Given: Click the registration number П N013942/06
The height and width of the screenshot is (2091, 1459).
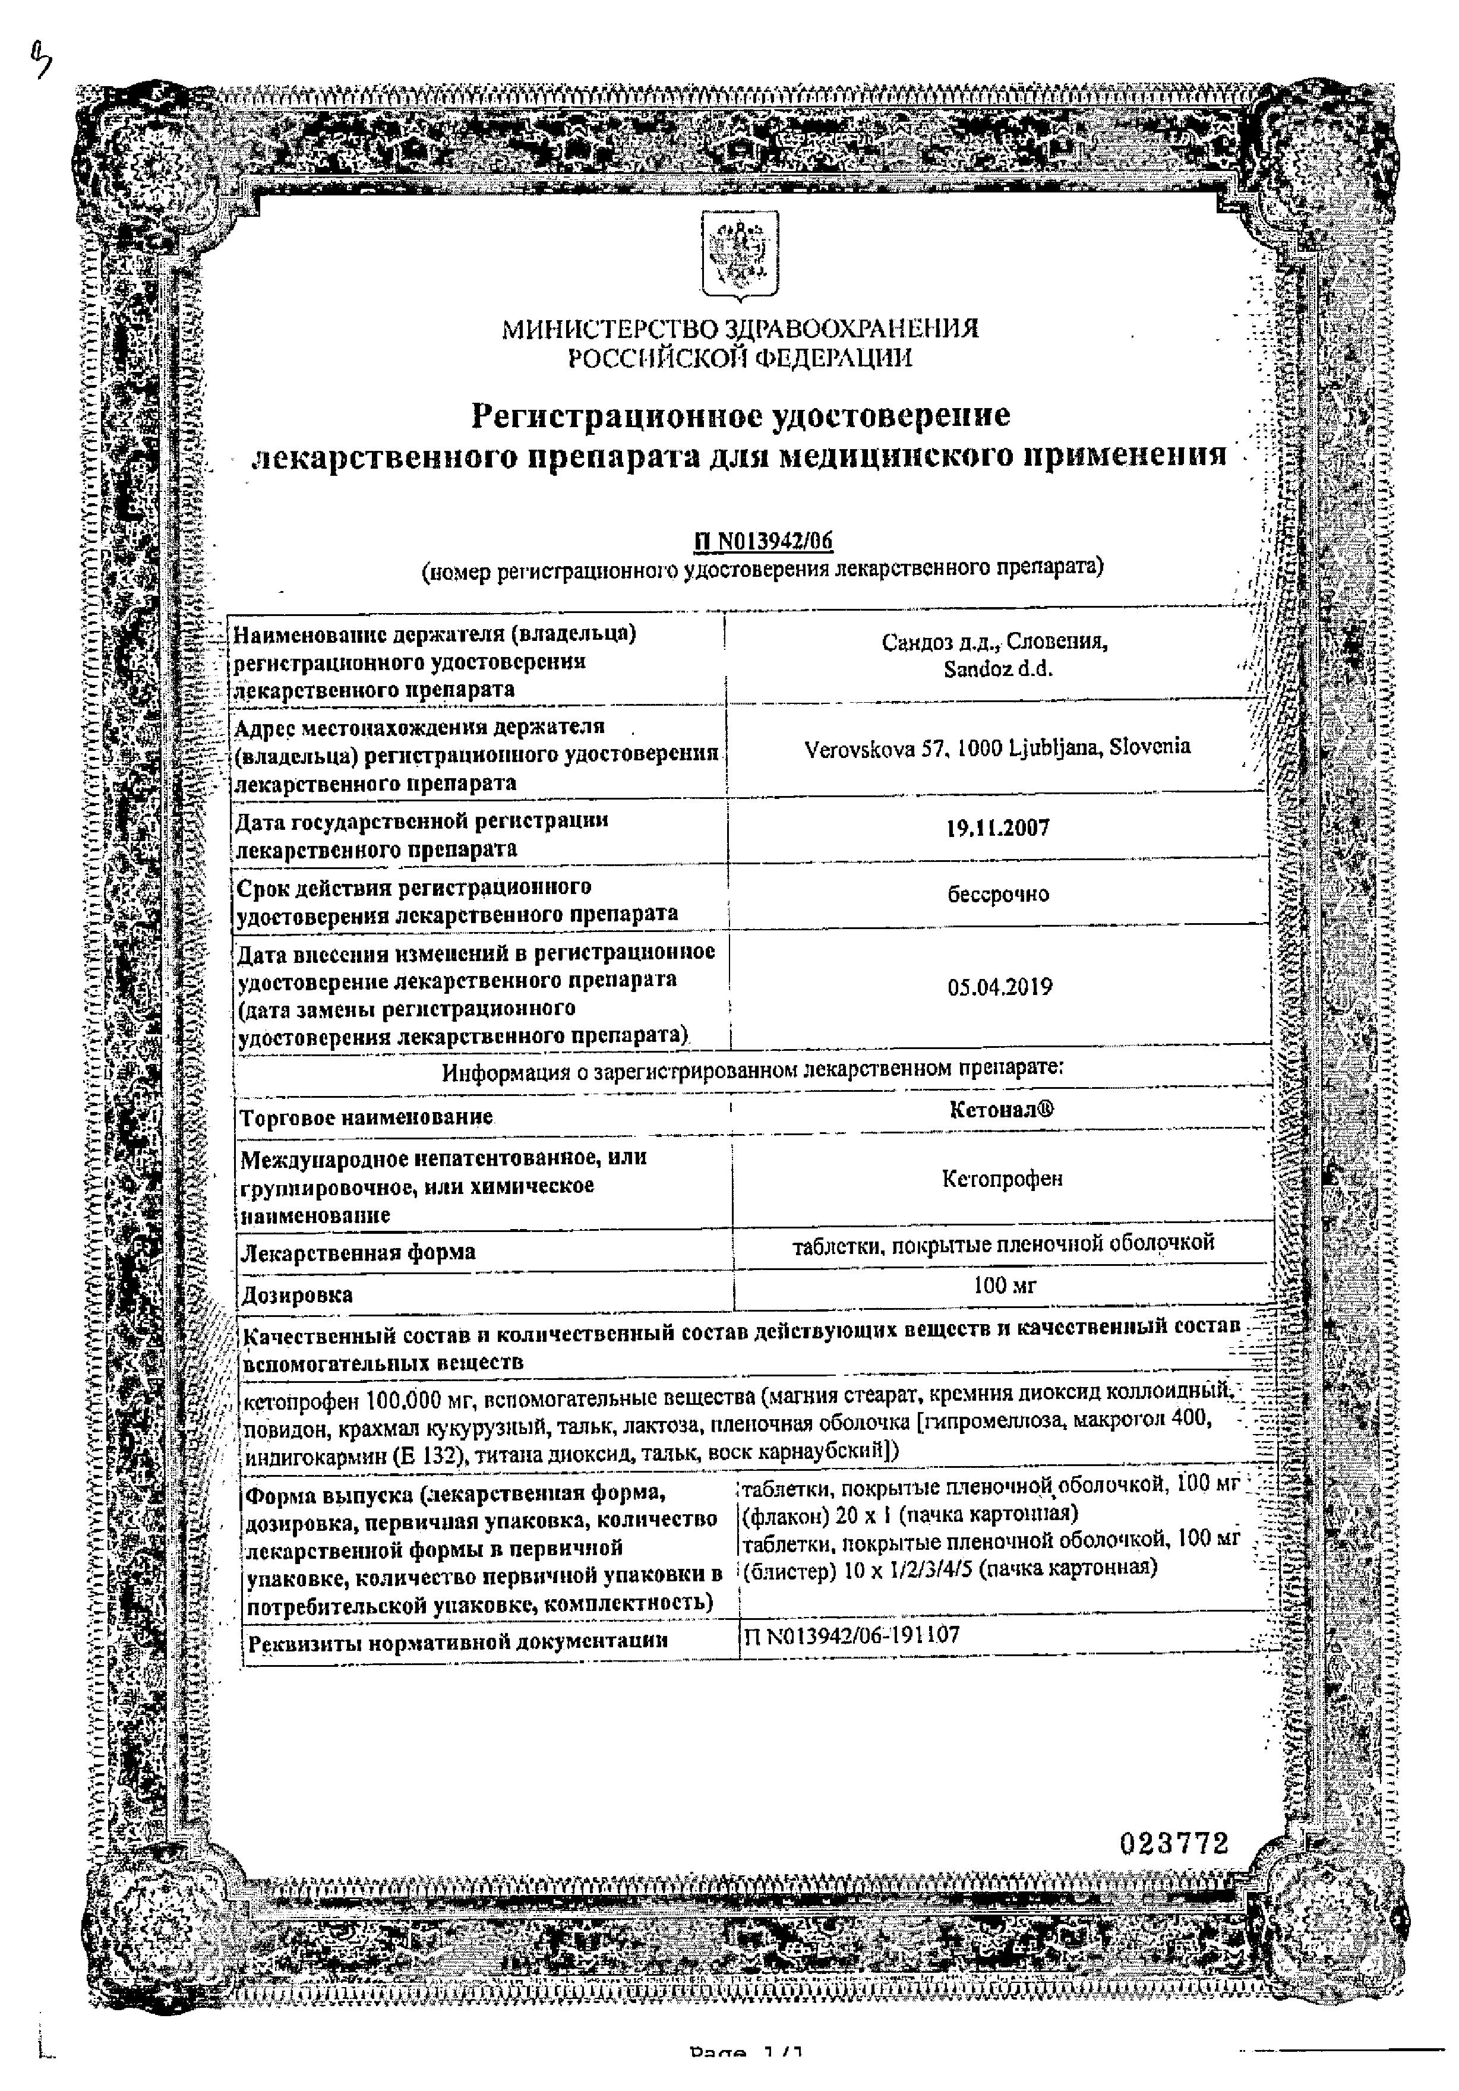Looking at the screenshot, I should (x=763, y=541).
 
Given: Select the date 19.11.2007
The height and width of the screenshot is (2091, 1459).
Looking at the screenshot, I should (x=998, y=828).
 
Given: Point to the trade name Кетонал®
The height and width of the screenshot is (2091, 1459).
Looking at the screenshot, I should (x=1002, y=1109).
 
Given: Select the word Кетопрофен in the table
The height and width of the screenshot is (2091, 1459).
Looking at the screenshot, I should (x=1002, y=1179).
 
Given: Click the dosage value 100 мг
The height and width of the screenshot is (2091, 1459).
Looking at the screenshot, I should (x=1003, y=1285).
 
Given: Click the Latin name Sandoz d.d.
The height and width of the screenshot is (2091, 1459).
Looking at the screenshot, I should (x=997, y=669).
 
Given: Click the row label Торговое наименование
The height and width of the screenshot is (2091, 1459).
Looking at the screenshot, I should (x=366, y=1117).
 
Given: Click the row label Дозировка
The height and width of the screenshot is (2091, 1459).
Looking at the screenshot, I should (x=297, y=1294).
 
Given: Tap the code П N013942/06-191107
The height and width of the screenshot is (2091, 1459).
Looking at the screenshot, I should (x=851, y=1635).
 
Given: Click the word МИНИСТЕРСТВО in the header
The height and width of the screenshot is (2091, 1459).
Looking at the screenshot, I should (x=610, y=329).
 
